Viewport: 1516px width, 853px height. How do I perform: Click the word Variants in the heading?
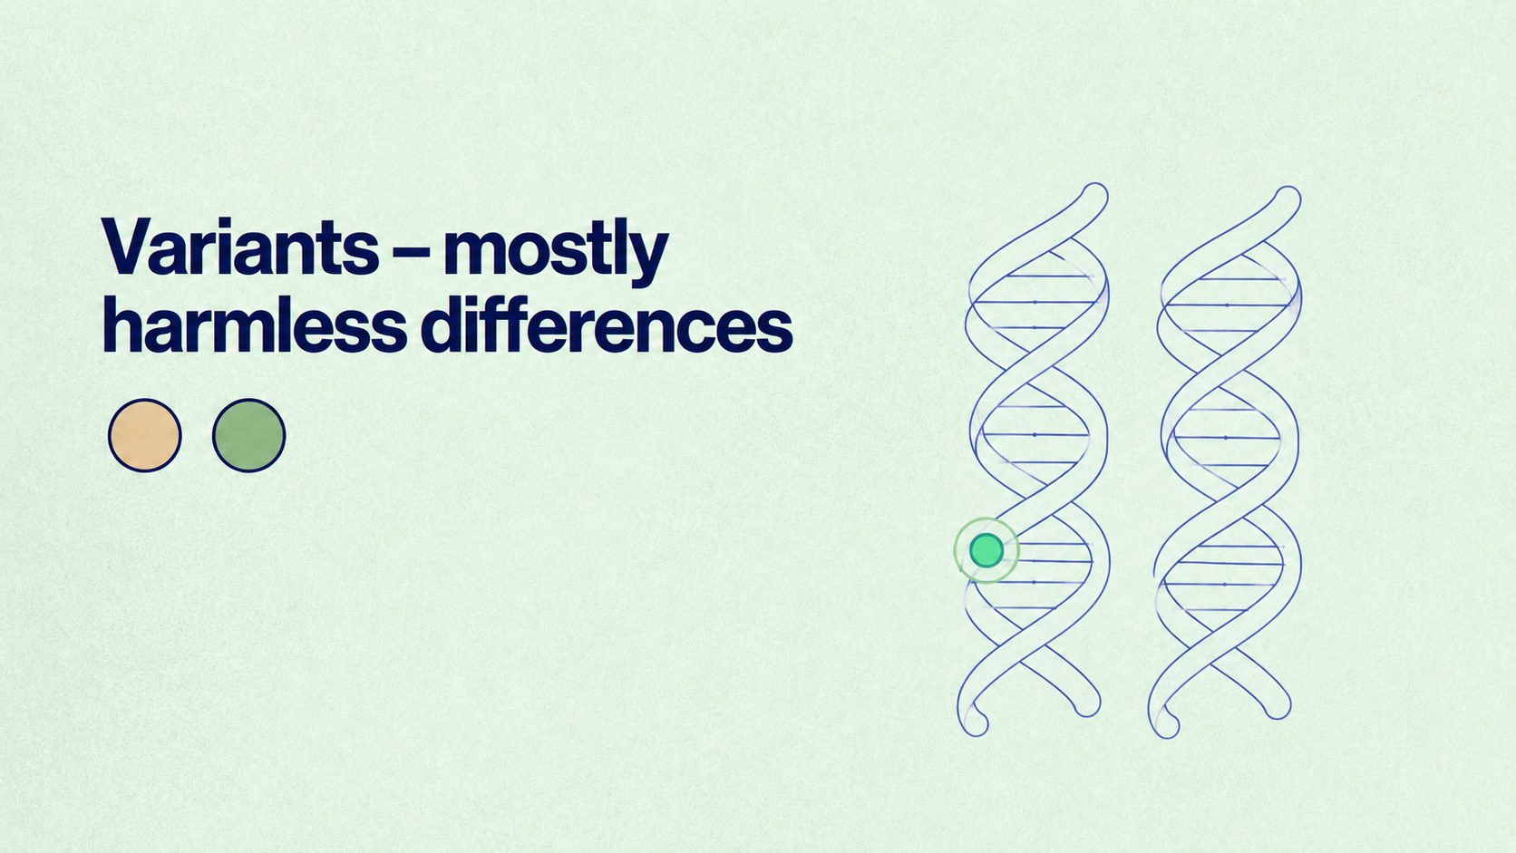click(x=240, y=247)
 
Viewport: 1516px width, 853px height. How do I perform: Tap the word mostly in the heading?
click(x=556, y=252)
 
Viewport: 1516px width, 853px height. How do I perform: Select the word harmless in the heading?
click(x=255, y=324)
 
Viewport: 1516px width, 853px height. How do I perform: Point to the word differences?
click(x=607, y=324)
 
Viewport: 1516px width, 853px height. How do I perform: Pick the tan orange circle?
click(x=145, y=436)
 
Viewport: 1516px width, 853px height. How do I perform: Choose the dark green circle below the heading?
click(x=249, y=436)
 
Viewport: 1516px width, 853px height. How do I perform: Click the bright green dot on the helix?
click(x=986, y=550)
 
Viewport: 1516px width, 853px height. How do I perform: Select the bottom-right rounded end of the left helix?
click(x=1086, y=703)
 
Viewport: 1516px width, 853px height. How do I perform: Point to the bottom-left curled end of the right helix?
click(x=1165, y=723)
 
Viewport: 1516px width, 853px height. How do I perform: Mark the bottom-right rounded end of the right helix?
click(x=1278, y=705)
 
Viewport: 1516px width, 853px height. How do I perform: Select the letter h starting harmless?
click(x=122, y=324)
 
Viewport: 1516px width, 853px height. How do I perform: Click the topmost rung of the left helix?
click(x=1048, y=276)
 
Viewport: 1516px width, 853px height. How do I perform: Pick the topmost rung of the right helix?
click(x=1241, y=278)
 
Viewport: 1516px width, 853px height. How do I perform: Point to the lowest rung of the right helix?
click(x=1215, y=610)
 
